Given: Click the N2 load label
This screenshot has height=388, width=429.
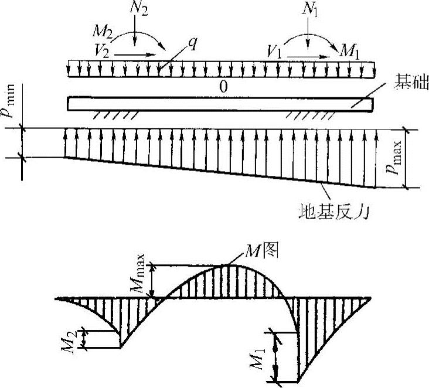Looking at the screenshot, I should (136, 10).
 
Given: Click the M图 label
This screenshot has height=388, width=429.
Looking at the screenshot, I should (267, 252).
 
